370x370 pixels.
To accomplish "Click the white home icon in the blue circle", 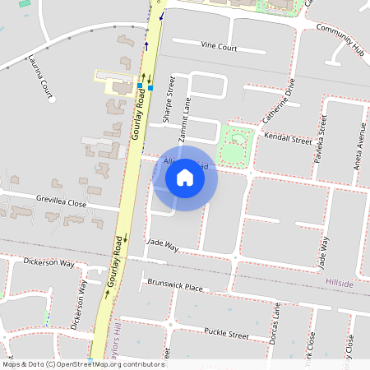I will pyautogui.click(x=185, y=178).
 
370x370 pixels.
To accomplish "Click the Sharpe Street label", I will pyautogui.click(x=169, y=99).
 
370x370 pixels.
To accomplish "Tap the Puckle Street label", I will pyautogui.click(x=227, y=335).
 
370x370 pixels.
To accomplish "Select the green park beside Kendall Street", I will pyautogui.click(x=234, y=145).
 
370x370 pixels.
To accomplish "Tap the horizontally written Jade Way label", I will pyautogui.click(x=161, y=244).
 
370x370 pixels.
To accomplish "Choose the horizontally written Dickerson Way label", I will pyautogui.click(x=49, y=264).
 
